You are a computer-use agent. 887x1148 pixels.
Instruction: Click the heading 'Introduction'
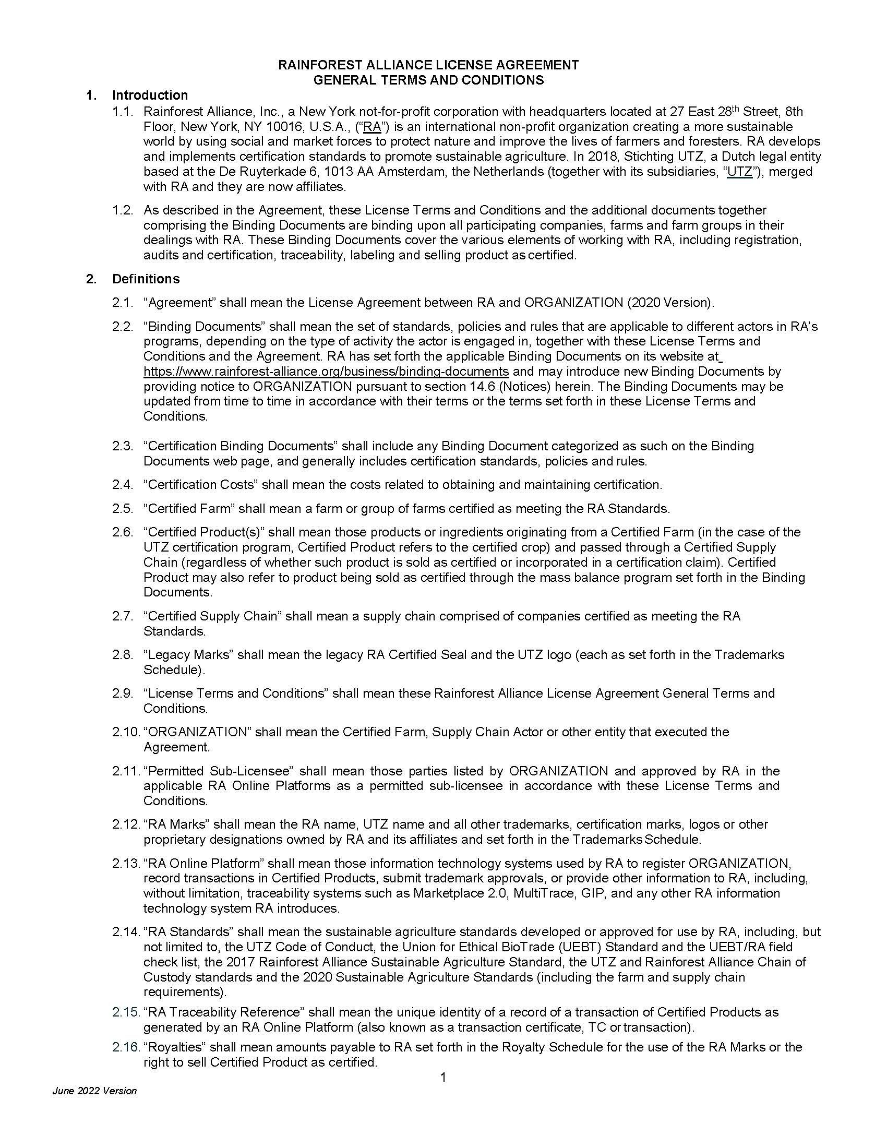[x=150, y=95]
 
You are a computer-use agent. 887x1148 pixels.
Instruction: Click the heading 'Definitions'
[x=146, y=279]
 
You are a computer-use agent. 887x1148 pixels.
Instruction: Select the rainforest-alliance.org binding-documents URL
[x=326, y=372]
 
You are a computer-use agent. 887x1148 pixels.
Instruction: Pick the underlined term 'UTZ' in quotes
[x=740, y=172]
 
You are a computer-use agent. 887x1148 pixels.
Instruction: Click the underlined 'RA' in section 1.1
[x=372, y=127]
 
